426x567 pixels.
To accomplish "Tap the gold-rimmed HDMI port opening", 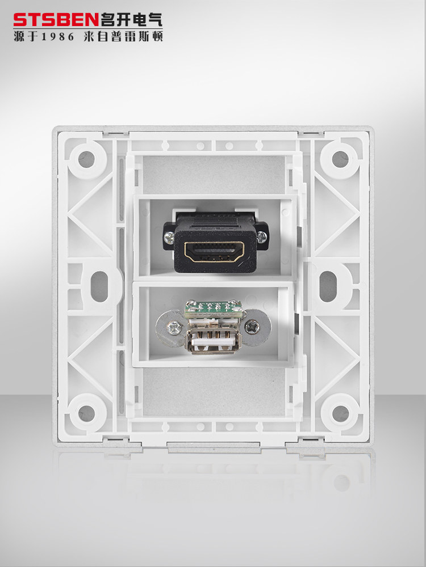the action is pyautogui.click(x=214, y=252).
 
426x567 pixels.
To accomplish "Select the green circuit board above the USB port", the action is pyautogui.click(x=213, y=308).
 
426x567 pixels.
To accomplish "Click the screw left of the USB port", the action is pyautogui.click(x=174, y=328).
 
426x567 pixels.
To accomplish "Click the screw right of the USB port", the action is pyautogui.click(x=252, y=327).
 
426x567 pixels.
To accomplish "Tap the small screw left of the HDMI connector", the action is pyautogui.click(x=169, y=237).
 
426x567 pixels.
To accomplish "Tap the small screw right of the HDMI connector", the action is pyautogui.click(x=261, y=237).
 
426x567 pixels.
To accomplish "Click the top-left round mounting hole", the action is pyautogui.click(x=86, y=159).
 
